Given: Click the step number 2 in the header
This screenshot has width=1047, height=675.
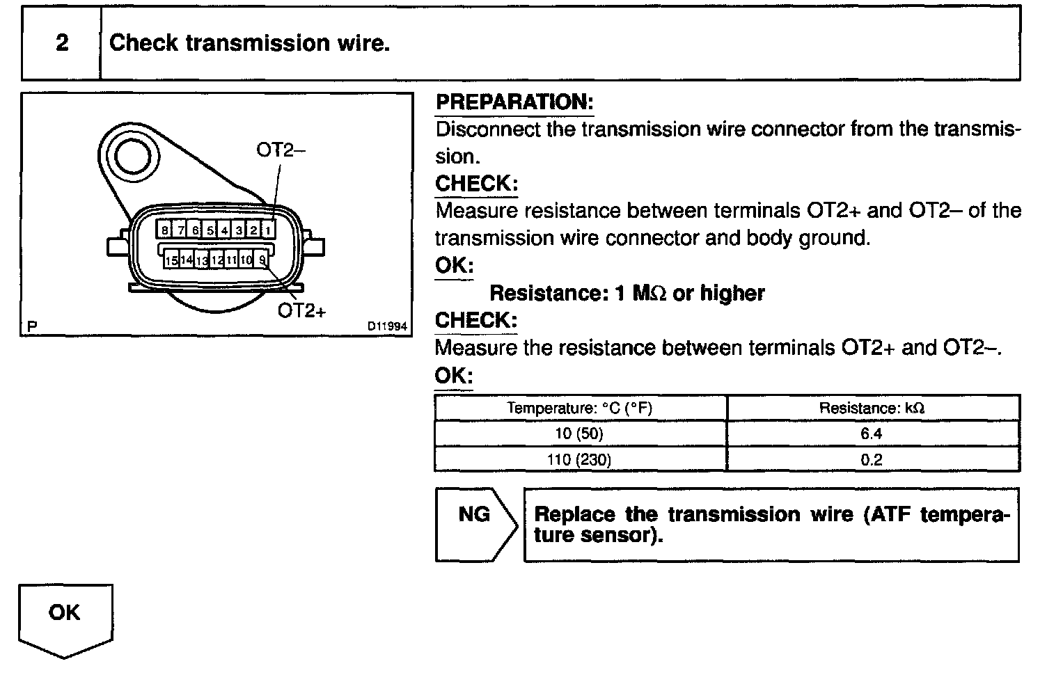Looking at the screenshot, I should pyautogui.click(x=62, y=43).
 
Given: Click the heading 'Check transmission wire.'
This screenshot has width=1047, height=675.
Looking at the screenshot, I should pyautogui.click(x=249, y=43).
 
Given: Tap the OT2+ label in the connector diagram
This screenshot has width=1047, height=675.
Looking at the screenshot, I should pyautogui.click(x=301, y=310).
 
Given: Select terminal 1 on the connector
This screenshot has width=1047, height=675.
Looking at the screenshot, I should pyautogui.click(x=269, y=230).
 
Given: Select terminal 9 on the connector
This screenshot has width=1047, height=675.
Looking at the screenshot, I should pyautogui.click(x=262, y=260).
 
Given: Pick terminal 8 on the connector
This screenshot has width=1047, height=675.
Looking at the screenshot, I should pyautogui.click(x=164, y=230).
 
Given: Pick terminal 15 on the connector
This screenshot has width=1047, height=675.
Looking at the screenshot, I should pyautogui.click(x=171, y=260).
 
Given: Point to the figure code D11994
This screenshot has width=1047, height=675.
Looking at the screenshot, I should pyautogui.click(x=388, y=326).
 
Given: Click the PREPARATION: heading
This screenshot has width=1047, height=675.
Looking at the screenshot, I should pyautogui.click(x=514, y=102).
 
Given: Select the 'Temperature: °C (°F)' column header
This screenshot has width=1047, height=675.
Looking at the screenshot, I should pyautogui.click(x=580, y=408).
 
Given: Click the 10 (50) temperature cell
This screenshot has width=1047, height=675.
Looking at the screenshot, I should pyautogui.click(x=580, y=434).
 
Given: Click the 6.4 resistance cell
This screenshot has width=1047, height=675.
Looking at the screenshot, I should pyautogui.click(x=872, y=434).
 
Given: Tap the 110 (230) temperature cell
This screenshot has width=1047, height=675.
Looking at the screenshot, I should pyautogui.click(x=580, y=459).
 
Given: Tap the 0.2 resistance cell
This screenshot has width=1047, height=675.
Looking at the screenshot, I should pyautogui.click(x=872, y=459).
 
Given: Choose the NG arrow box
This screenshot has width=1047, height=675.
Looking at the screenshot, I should pyautogui.click(x=475, y=523).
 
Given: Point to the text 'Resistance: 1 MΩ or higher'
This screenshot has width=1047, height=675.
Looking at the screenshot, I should pyautogui.click(x=627, y=293).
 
